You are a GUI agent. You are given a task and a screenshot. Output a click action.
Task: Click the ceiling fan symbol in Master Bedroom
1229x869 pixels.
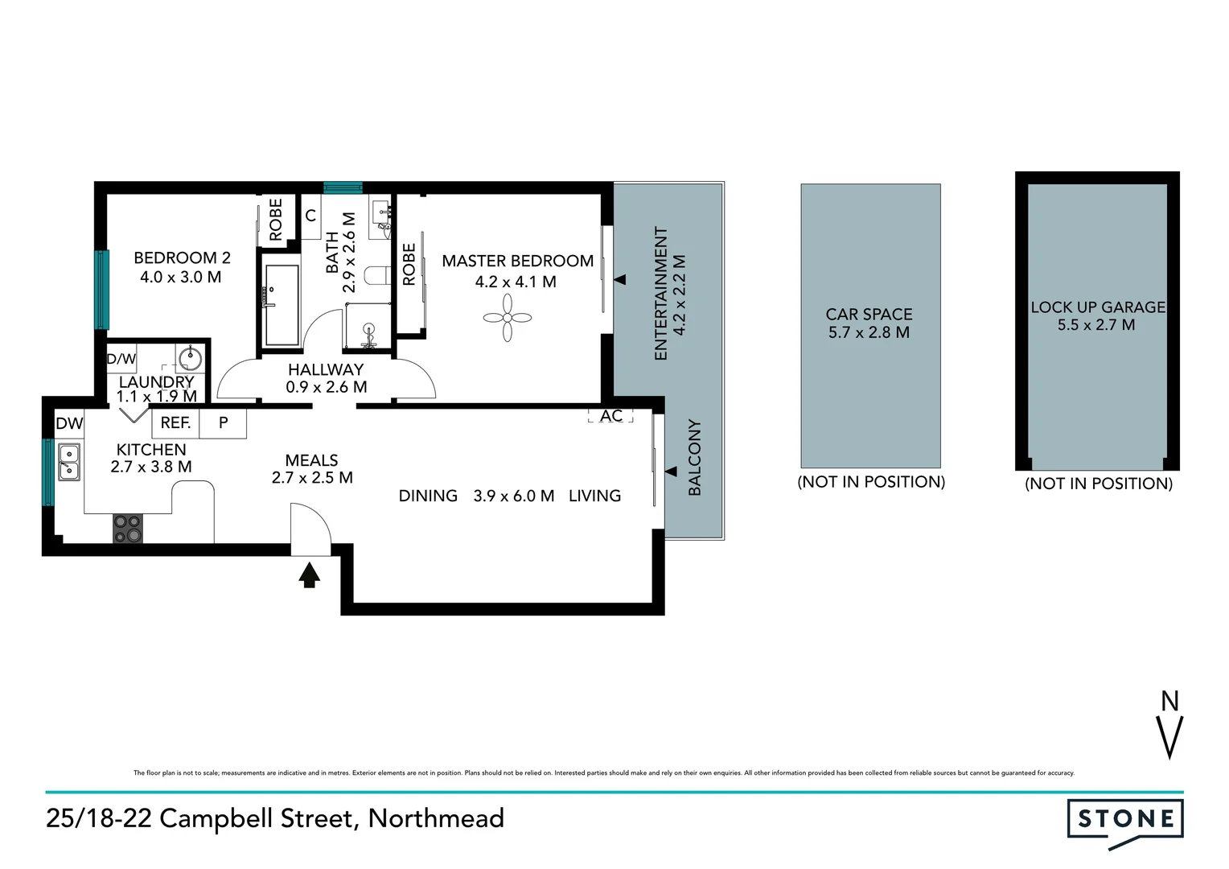[508, 318]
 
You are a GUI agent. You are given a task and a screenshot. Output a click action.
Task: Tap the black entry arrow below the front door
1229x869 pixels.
[310, 575]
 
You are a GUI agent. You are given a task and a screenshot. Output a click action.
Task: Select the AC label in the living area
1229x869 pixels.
[611, 415]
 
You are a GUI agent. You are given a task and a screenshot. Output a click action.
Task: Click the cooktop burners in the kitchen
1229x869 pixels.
[127, 529]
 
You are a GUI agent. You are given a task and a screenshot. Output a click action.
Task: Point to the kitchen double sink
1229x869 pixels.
[69, 462]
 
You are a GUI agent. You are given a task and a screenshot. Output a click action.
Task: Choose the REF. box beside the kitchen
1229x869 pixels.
[175, 422]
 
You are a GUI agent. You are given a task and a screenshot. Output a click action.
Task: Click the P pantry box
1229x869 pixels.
[223, 422]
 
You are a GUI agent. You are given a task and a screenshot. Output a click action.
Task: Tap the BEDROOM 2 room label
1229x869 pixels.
[182, 258]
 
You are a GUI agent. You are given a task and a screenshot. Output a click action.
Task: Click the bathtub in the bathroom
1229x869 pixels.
[282, 305]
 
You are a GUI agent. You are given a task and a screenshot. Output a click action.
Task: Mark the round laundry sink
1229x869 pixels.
[191, 358]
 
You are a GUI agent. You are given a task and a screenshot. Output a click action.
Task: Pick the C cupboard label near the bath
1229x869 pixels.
[310, 216]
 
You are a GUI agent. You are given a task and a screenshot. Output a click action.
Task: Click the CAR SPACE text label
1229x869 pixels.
[869, 315]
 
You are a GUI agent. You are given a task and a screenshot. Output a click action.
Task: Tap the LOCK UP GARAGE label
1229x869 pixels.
[1097, 307]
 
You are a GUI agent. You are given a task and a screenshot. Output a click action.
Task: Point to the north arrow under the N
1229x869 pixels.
[1169, 736]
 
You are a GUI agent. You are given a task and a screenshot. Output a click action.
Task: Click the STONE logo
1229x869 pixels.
[1125, 820]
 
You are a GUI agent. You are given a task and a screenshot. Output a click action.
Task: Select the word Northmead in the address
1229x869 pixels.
[436, 818]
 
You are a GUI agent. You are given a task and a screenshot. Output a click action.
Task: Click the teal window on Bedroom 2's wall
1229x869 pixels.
[102, 290]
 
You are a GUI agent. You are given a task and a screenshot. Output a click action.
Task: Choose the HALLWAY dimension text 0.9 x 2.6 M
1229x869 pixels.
[326, 387]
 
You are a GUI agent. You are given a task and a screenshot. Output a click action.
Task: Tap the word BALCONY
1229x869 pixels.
[695, 457]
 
